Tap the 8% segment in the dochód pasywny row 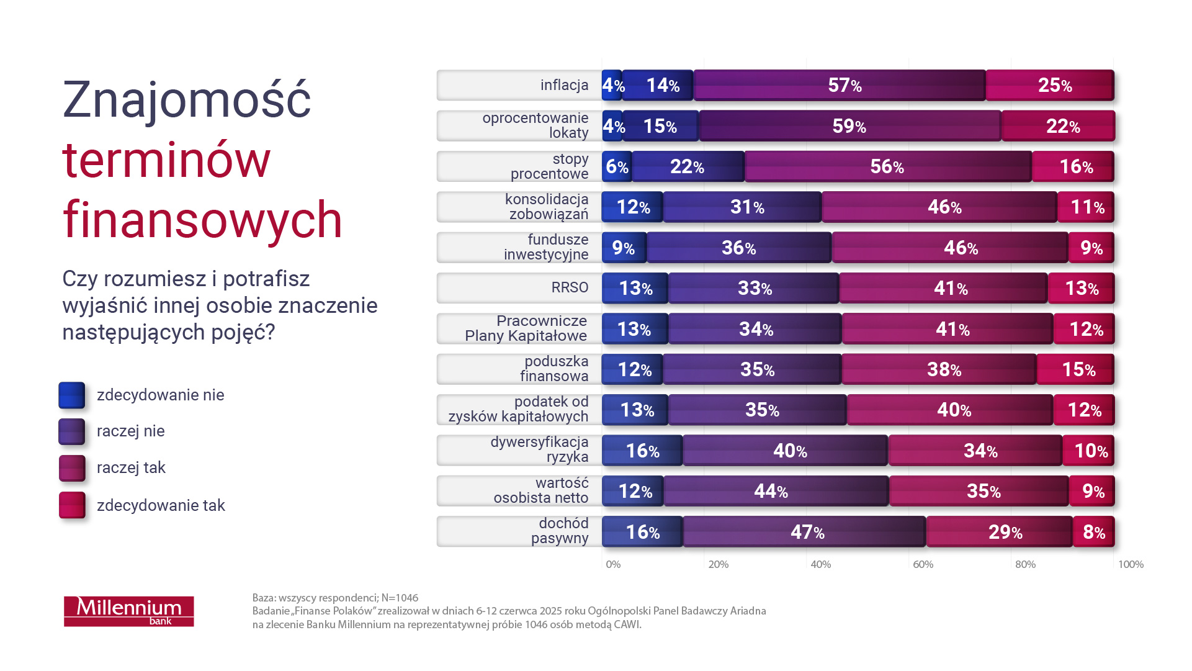click(1093, 532)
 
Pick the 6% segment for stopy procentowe click(617, 166)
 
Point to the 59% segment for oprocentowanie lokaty click(849, 126)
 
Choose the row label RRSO click(570, 287)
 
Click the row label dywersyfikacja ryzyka click(539, 449)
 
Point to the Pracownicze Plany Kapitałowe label click(526, 328)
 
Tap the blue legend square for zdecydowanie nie click(72, 395)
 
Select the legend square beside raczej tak click(72, 468)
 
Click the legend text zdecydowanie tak click(161, 505)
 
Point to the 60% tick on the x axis click(923, 564)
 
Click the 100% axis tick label click(1130, 564)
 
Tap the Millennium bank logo click(129, 611)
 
